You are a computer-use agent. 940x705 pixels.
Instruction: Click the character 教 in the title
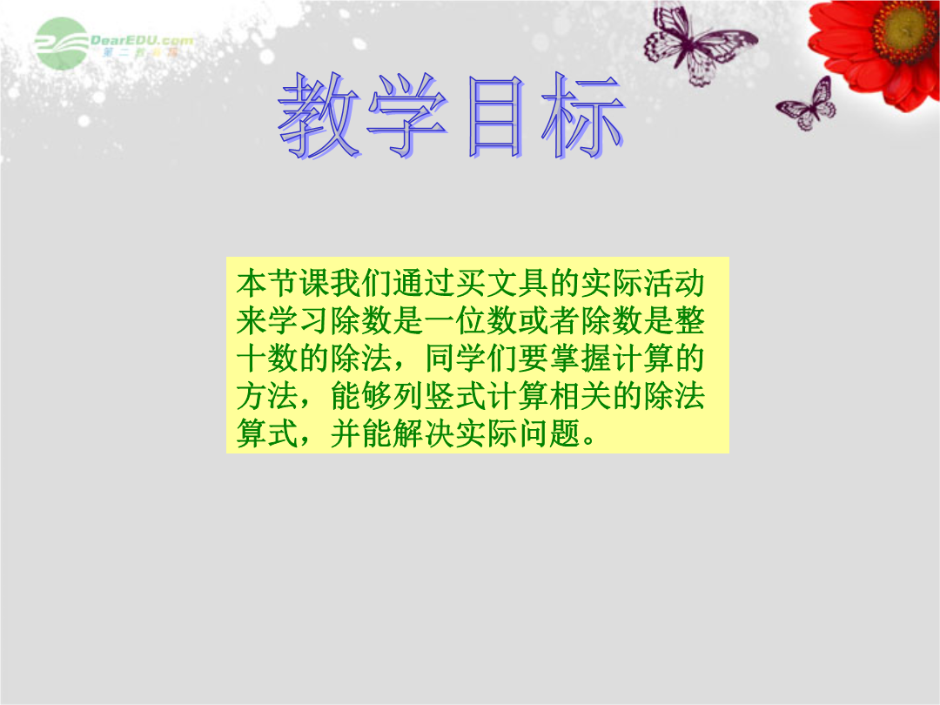[319, 115]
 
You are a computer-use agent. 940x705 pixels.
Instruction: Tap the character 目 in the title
[495, 117]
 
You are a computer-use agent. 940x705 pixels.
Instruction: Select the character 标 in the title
[582, 115]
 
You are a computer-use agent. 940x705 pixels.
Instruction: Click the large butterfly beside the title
[698, 42]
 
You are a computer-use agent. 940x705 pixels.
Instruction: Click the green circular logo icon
[61, 44]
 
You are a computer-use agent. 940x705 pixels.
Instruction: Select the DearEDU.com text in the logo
[142, 41]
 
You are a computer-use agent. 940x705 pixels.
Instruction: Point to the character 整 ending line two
[690, 320]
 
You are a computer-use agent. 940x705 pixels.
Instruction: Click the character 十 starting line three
[252, 359]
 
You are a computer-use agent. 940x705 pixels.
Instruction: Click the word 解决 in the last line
[425, 433]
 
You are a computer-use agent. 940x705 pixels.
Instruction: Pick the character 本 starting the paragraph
[252, 284]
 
